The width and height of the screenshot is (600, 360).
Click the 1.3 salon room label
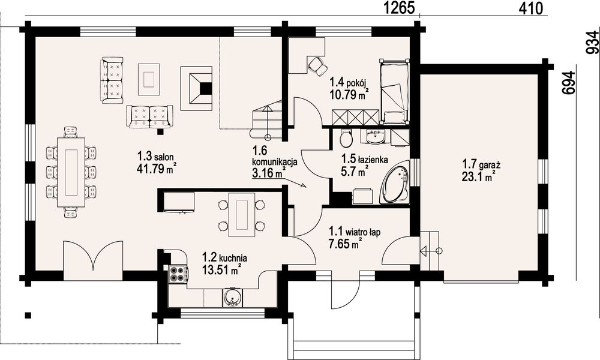156,156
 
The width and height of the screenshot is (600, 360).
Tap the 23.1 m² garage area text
479,177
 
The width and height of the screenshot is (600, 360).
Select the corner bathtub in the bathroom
395,182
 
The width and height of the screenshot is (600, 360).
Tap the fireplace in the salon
197,88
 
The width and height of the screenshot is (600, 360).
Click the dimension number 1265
400,8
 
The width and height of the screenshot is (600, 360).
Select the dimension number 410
531,8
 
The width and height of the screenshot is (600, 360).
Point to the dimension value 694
569,83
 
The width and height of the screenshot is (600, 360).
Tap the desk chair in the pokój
317,65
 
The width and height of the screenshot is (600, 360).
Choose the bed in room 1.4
394,92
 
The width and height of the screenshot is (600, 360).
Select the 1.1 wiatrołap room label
355,232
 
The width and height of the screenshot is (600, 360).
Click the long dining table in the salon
71,172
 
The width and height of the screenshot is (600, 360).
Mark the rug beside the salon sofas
149,79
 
